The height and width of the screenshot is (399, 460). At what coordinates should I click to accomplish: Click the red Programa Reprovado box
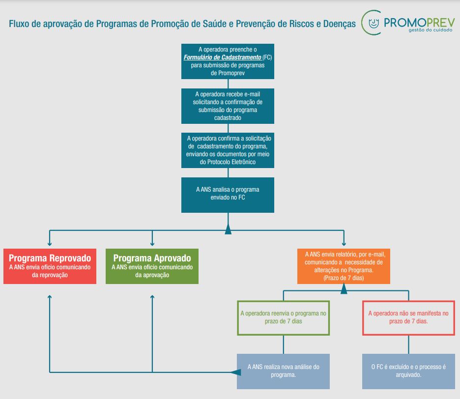(x=50, y=266)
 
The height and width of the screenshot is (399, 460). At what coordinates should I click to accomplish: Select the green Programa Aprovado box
(x=152, y=266)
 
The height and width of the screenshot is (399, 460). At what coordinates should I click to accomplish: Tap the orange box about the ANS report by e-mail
(x=344, y=266)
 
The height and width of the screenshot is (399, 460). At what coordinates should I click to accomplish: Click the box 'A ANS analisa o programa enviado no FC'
(x=228, y=194)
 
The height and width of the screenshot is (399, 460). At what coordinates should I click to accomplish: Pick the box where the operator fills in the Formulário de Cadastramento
(x=228, y=61)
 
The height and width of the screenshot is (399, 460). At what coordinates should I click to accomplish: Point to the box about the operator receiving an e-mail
(x=228, y=106)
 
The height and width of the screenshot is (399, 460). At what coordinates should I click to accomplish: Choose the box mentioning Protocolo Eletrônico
(x=228, y=149)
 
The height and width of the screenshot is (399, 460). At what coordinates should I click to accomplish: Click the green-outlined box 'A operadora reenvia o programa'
(x=284, y=317)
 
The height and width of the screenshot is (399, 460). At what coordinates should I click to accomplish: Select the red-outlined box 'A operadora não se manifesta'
(x=408, y=317)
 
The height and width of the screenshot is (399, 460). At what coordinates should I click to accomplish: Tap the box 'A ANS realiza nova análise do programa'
(x=284, y=371)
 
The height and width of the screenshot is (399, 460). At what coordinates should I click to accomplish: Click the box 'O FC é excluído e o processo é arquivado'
(x=408, y=371)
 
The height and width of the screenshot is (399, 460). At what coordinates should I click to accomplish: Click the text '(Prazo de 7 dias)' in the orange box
(x=344, y=278)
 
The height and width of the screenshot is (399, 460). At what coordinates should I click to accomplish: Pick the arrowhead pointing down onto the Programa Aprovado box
(x=152, y=243)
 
